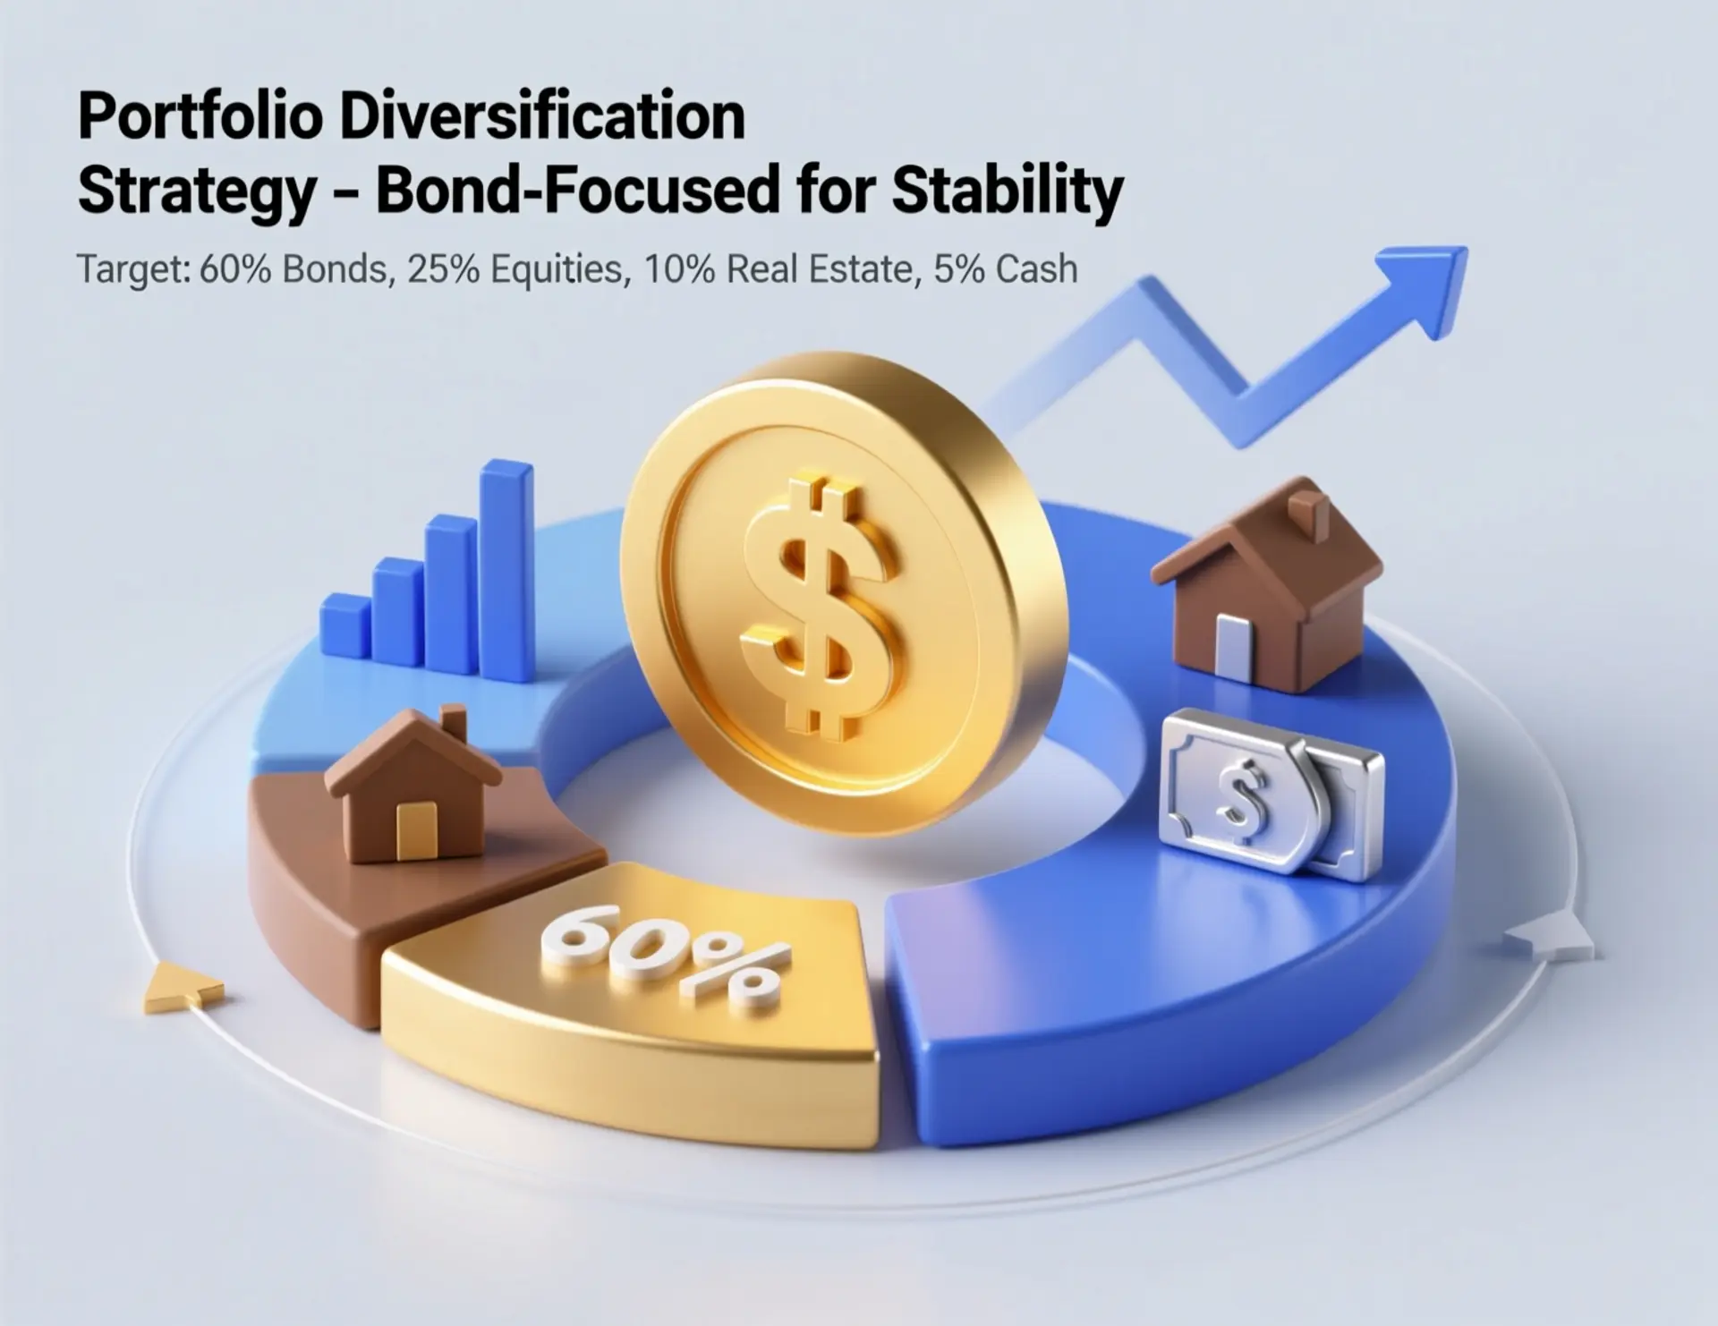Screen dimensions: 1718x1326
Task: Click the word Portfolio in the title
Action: click(x=200, y=116)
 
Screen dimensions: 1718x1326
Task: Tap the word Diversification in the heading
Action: click(x=543, y=116)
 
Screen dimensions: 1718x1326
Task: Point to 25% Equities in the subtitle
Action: click(x=514, y=269)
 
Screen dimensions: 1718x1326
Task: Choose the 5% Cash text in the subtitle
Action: click(x=1005, y=269)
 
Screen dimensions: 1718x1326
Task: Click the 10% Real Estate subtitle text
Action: click(x=778, y=269)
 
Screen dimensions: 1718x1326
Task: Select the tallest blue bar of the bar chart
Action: click(x=507, y=570)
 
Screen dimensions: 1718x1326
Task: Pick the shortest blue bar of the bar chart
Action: click(x=345, y=626)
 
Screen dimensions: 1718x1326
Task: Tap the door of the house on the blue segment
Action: click(x=1231, y=644)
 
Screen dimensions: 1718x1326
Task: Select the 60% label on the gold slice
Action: click(x=666, y=956)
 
